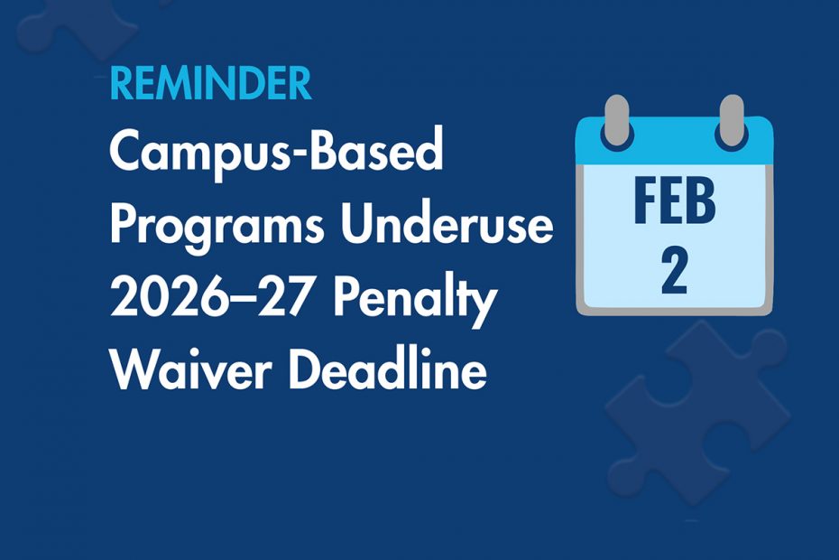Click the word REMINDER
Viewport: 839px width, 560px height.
[210, 84]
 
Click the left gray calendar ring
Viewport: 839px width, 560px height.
[617, 121]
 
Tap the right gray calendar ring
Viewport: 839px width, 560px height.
[732, 121]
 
